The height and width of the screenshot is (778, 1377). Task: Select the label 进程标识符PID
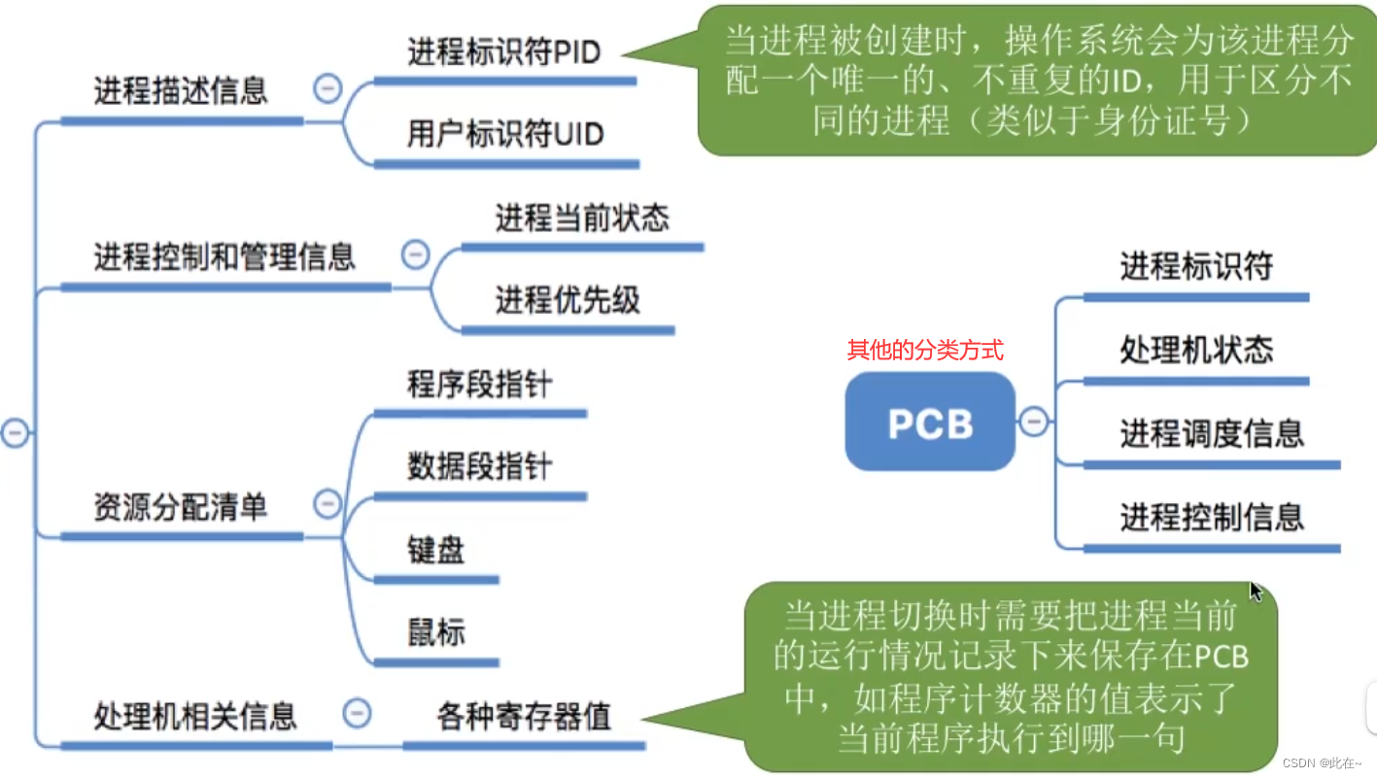[x=503, y=51]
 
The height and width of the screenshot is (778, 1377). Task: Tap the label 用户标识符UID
[x=505, y=134]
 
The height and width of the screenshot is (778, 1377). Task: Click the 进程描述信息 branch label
[x=181, y=91]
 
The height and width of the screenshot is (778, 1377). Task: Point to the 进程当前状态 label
[x=582, y=218]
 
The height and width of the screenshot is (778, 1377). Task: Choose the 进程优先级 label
[x=568, y=301]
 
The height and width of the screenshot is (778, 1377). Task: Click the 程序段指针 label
[x=479, y=384]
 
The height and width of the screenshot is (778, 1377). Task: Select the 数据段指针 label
[x=479, y=466]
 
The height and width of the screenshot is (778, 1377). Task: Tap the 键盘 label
[x=436, y=550]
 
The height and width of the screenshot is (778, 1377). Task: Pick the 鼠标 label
[x=436, y=632]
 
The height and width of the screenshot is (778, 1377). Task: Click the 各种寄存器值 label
[x=524, y=717]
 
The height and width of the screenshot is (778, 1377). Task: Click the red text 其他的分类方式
[x=924, y=351]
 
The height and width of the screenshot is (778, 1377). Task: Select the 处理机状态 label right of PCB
[x=1196, y=350]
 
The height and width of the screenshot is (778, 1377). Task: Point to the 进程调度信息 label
[x=1211, y=433]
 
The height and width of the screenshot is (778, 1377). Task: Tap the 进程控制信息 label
[x=1211, y=517]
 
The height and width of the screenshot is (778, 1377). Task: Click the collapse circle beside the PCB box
[x=1034, y=422]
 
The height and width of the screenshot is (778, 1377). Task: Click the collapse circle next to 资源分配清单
[x=327, y=504]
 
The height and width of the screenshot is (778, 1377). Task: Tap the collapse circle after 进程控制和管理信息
[x=415, y=255]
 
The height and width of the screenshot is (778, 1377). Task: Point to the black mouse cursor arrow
[x=1256, y=591]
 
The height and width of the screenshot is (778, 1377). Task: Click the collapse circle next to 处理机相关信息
[x=357, y=714]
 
